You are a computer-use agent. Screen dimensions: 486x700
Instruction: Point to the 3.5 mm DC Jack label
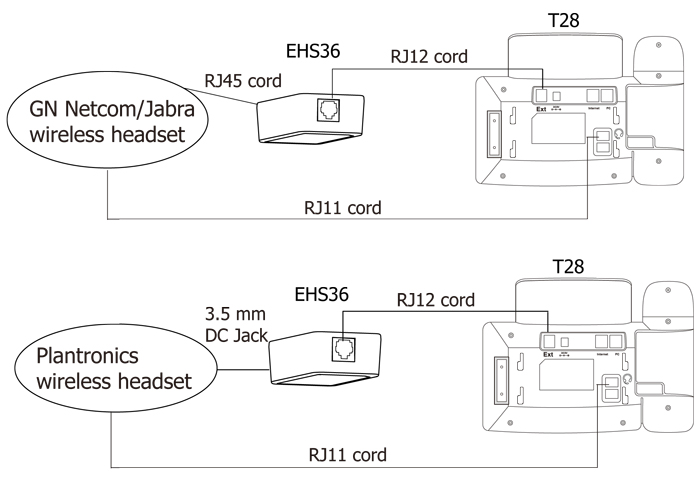coord(236,326)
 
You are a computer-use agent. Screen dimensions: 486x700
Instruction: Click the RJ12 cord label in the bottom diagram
coord(435,299)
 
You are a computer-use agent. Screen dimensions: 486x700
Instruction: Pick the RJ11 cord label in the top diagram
coord(342,209)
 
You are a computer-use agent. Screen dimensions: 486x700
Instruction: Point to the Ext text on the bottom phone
coord(547,353)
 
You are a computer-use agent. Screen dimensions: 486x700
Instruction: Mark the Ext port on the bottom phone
coord(546,340)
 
